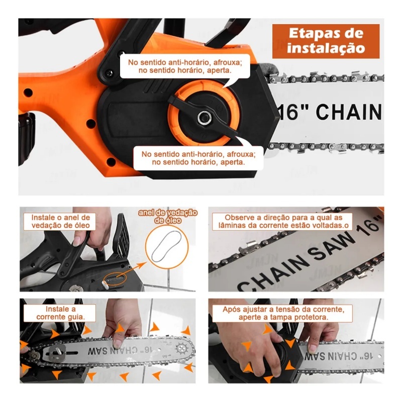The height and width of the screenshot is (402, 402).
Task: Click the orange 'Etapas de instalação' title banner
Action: click(x=326, y=41)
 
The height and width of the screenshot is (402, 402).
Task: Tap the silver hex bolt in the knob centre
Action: click(x=205, y=117)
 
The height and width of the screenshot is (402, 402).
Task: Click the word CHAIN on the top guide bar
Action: click(x=349, y=112)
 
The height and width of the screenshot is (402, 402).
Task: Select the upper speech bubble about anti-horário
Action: click(x=185, y=66)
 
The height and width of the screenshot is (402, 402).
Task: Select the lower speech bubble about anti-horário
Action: click(x=198, y=158)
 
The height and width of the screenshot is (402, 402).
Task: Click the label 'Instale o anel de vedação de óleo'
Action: click(x=60, y=222)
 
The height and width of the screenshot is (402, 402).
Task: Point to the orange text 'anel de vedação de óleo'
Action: click(x=168, y=217)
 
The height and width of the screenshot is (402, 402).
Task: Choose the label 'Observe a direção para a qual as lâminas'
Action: click(x=283, y=222)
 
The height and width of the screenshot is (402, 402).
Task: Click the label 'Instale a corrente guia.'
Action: click(x=60, y=313)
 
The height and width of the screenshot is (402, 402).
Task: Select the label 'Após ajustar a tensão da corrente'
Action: click(x=283, y=313)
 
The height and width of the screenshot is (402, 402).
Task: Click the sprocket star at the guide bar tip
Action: click(x=182, y=349)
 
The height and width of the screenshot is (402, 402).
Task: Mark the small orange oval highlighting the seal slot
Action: click(x=115, y=278)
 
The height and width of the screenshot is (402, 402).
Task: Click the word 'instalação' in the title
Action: click(x=326, y=48)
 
